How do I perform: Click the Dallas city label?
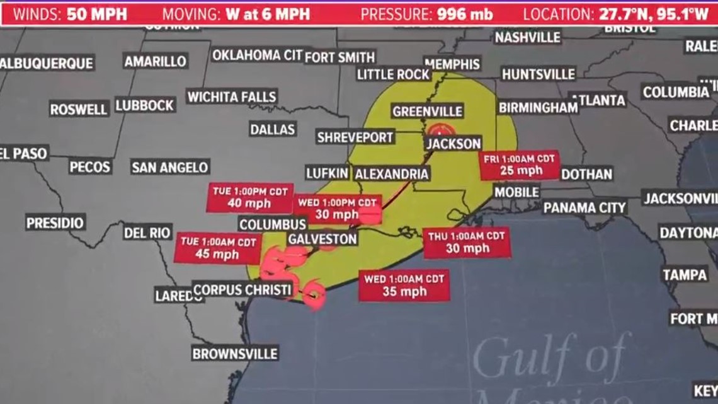tap(273, 129)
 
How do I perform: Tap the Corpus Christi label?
tap(243, 290)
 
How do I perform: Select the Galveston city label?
tap(322, 239)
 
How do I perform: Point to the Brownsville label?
tap(235, 354)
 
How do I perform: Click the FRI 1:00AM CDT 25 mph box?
tap(520, 164)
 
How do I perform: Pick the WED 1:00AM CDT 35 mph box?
tap(404, 286)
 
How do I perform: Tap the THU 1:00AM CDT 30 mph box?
tap(467, 243)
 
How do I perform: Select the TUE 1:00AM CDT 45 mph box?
tap(218, 248)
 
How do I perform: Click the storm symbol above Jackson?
tap(438, 130)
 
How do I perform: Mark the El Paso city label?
tap(24, 153)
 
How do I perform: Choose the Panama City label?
tap(584, 207)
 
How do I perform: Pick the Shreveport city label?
tap(355, 137)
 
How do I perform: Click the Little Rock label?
tap(394, 74)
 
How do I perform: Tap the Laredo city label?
tap(178, 294)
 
